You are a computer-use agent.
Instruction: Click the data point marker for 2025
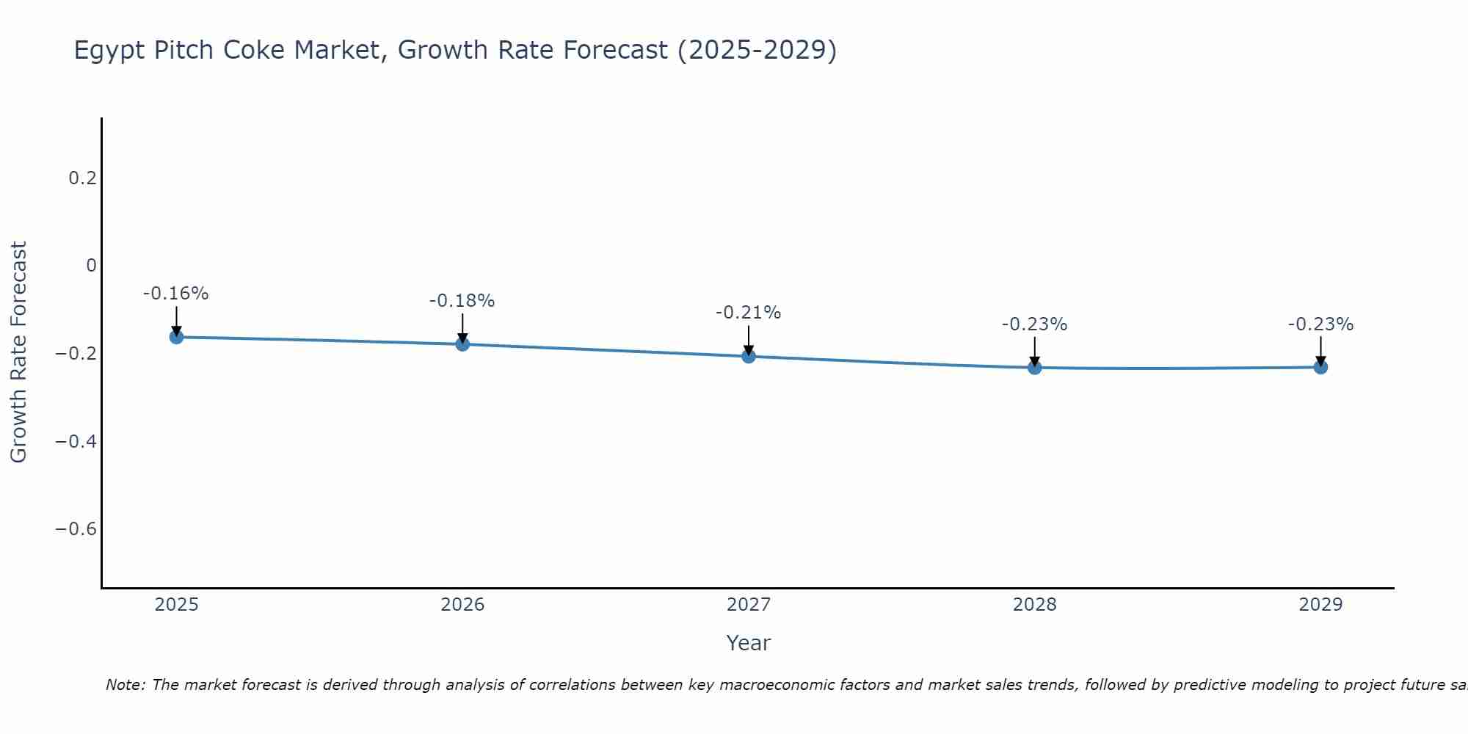[x=176, y=337]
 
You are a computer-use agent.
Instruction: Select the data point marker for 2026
[x=462, y=344]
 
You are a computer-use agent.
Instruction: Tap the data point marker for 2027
[x=749, y=357]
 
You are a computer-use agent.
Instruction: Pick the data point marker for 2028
[x=1034, y=367]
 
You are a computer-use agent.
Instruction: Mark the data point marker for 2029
[x=1320, y=367]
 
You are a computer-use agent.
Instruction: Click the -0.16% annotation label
[x=175, y=294]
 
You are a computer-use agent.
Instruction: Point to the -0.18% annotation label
[x=462, y=301]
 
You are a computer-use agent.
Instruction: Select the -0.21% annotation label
[x=748, y=313]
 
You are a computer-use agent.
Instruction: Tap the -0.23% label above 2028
[x=1034, y=324]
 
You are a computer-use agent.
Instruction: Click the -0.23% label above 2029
[x=1320, y=324]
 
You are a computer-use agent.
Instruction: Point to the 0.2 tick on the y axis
[x=82, y=178]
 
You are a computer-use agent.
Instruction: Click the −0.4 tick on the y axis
[x=76, y=441]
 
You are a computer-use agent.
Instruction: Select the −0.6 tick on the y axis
[x=76, y=529]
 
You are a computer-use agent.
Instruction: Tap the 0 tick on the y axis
[x=91, y=266]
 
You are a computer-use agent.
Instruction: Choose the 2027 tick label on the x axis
[x=748, y=605]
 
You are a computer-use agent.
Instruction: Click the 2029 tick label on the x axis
[x=1320, y=605]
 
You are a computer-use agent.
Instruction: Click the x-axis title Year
[x=748, y=643]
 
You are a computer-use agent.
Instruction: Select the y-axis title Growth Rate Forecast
[x=18, y=352]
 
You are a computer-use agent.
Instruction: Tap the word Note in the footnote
[x=126, y=685]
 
